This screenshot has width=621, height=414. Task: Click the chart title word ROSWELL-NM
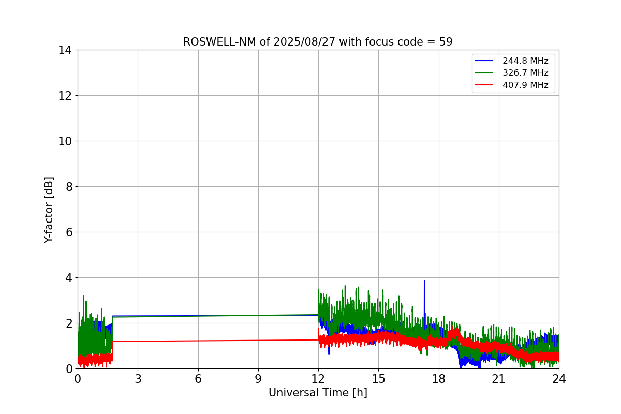(x=219, y=42)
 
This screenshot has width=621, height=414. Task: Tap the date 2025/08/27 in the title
(x=304, y=42)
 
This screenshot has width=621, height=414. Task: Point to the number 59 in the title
(x=446, y=42)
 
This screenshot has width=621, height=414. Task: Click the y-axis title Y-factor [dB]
(x=49, y=210)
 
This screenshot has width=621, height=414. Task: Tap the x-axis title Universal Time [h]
(x=318, y=393)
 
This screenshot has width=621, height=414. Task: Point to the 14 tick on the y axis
(x=65, y=51)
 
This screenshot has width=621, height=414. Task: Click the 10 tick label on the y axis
(x=65, y=141)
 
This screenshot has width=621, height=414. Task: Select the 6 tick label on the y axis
(x=69, y=232)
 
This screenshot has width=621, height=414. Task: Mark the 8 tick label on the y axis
(x=69, y=187)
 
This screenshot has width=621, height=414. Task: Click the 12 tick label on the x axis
(x=318, y=379)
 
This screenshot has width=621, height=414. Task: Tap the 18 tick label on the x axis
(x=439, y=379)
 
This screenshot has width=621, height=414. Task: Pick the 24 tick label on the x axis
(x=559, y=379)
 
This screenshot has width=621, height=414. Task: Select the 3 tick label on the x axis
(x=138, y=379)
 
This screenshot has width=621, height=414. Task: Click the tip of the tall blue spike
(x=424, y=280)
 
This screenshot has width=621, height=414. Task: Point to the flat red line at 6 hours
(x=198, y=341)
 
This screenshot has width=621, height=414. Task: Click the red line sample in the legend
(x=484, y=85)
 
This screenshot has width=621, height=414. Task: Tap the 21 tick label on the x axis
(x=499, y=379)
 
